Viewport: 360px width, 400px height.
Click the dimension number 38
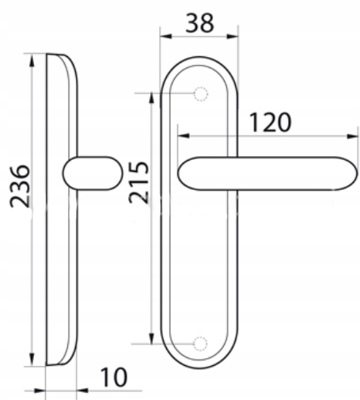[x=199, y=24]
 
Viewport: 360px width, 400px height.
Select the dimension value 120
[x=270, y=122]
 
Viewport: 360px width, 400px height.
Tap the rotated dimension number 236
[x=20, y=186]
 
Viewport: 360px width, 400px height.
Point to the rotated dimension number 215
[x=138, y=182]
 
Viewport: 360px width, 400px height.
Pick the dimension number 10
[x=114, y=377]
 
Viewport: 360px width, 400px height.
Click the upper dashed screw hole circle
[x=201, y=93]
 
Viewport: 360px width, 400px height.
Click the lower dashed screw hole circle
[x=200, y=344]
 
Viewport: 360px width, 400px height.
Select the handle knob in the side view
[x=93, y=173]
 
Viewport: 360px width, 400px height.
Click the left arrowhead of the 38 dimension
[x=166, y=36]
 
